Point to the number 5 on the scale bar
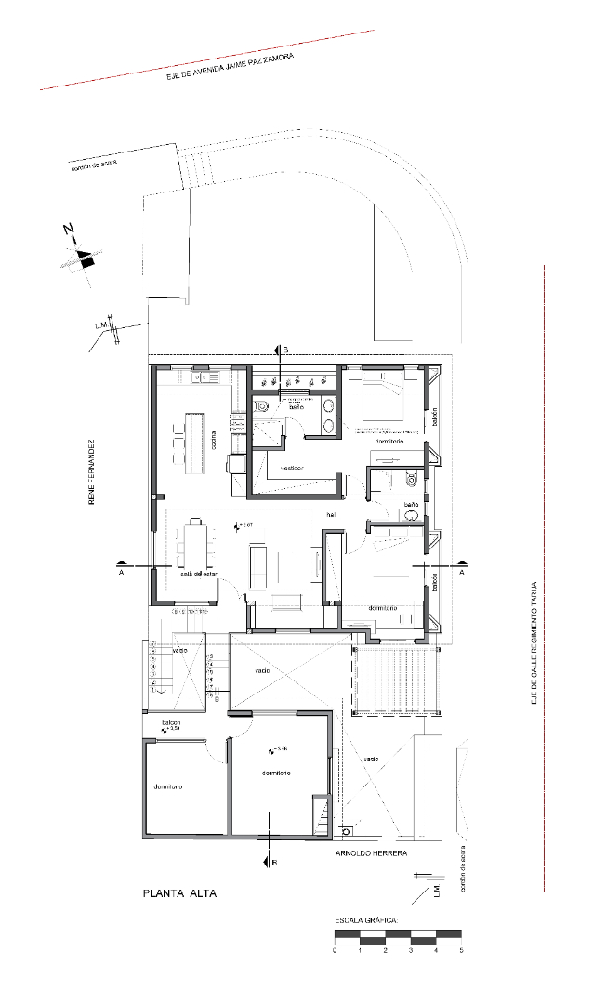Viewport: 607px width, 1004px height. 461,950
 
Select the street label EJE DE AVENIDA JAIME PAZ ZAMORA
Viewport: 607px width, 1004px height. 230,68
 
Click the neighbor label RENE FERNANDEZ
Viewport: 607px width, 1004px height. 92,472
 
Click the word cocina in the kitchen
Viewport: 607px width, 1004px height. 213,432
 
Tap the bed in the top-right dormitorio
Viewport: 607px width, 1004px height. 382,399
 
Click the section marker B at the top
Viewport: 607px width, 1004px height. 285,350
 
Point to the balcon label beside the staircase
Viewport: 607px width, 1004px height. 170,722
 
